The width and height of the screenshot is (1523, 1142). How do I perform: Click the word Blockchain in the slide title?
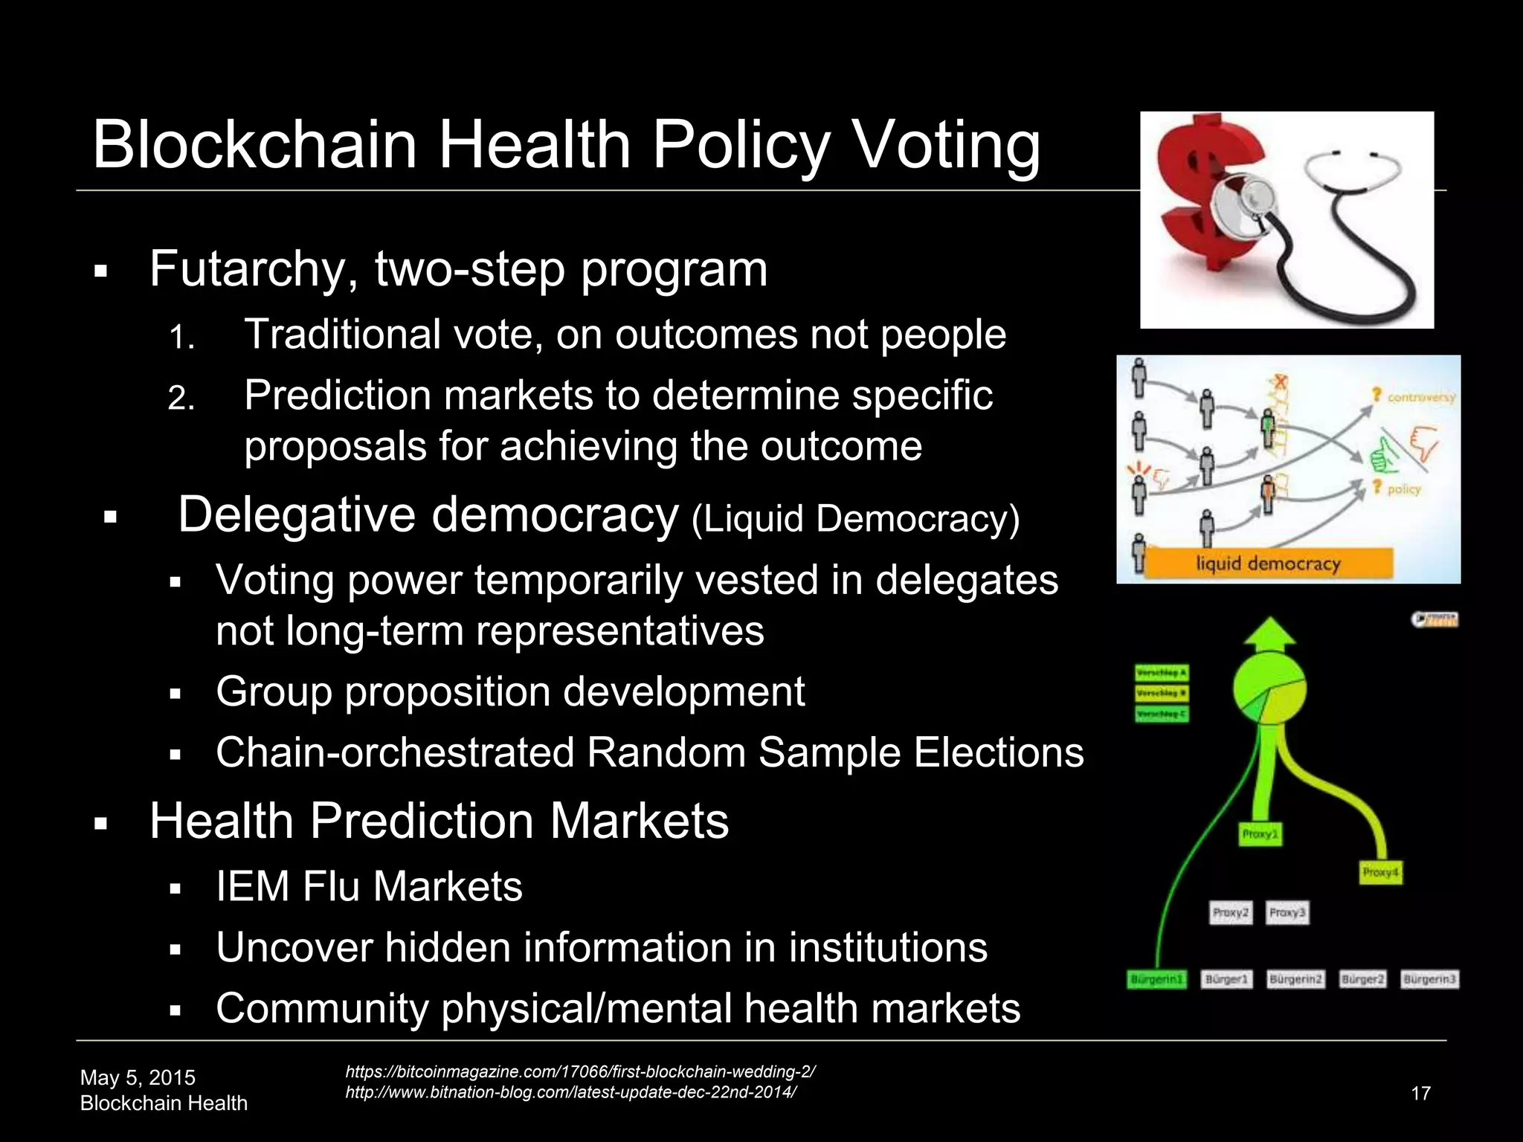click(x=254, y=145)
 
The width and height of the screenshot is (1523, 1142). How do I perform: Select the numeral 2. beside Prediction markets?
click(x=181, y=399)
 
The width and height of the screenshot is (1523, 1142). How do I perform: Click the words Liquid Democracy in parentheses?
click(x=855, y=519)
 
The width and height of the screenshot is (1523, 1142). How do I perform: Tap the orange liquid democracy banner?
click(x=1267, y=563)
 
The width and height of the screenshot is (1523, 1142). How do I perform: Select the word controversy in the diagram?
click(x=1420, y=397)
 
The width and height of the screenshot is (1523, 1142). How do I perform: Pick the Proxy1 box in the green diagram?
click(x=1260, y=834)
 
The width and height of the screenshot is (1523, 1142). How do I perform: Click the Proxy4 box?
click(x=1381, y=872)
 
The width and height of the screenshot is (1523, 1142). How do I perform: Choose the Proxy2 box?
click(x=1231, y=912)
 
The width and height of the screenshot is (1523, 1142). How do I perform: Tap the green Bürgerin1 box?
click(x=1156, y=980)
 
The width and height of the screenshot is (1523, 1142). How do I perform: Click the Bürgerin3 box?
click(x=1429, y=980)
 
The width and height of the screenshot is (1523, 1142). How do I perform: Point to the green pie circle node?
click(x=1269, y=688)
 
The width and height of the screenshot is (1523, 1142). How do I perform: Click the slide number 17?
click(x=1420, y=1093)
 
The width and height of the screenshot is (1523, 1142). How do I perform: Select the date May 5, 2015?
click(x=138, y=1077)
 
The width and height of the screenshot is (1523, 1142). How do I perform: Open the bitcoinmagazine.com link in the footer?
click(x=580, y=1071)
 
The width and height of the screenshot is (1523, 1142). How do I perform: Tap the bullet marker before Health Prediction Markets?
click(x=102, y=824)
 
